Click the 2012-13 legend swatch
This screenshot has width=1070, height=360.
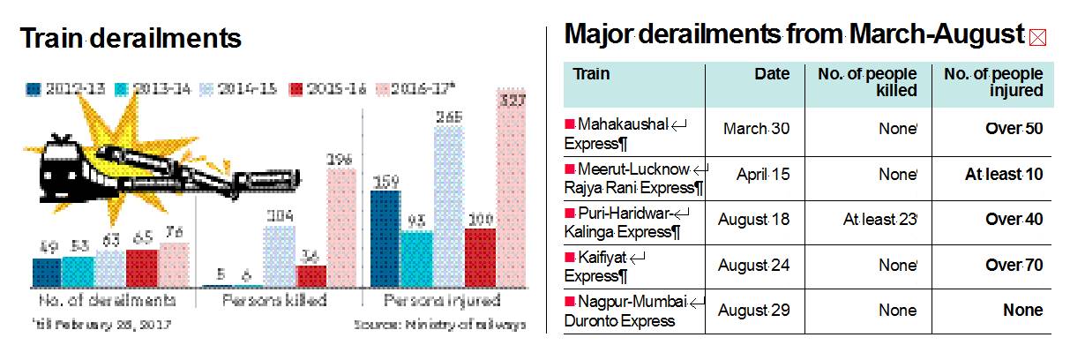coord(34,88)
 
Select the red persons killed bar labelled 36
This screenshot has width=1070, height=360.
coord(311,275)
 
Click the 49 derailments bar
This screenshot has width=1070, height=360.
coord(46,272)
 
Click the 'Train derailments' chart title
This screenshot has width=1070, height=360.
coord(131,39)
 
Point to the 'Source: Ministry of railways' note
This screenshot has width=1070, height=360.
coord(439,324)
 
